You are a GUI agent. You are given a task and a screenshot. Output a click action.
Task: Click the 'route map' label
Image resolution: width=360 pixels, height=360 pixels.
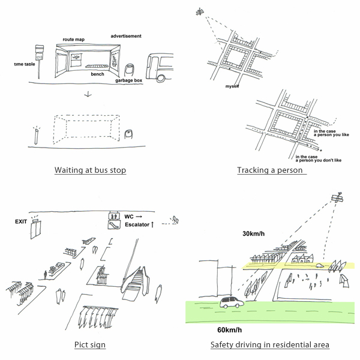pos(73,40)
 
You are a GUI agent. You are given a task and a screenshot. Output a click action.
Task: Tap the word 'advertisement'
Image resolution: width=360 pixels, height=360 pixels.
pos(126,36)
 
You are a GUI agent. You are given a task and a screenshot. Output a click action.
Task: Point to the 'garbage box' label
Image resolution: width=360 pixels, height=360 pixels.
pos(128,80)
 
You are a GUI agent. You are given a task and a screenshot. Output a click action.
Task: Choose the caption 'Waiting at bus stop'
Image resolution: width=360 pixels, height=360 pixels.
pos(90,170)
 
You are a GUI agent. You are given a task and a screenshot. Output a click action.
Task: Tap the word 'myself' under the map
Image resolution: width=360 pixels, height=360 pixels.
pos(232,87)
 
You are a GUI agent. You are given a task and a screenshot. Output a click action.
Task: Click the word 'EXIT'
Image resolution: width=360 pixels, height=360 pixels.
pos(22,221)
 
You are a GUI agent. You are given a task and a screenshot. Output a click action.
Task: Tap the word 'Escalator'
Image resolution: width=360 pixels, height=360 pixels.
pos(136,224)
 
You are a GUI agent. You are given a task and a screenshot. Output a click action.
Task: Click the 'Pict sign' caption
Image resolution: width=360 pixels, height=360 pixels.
pos(90,345)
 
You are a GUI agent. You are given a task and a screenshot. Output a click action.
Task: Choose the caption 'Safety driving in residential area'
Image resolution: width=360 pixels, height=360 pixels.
pos(270,345)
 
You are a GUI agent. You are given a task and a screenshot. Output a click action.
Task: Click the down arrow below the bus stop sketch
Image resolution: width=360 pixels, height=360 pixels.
pos(88,94)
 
